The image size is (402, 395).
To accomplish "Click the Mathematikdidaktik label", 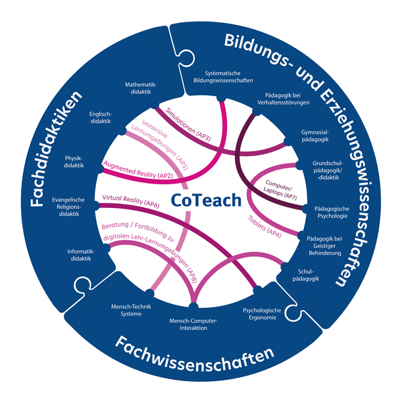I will (x=142, y=88).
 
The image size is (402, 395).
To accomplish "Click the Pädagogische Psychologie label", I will (x=325, y=210).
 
